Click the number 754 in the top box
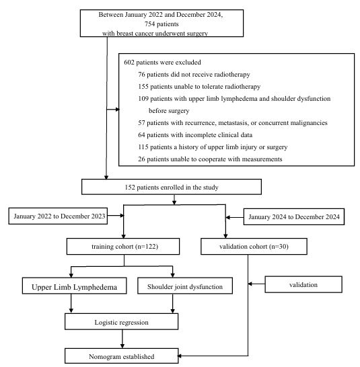tap(149, 24)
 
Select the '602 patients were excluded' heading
tap(162, 63)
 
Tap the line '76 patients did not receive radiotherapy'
tap(194, 75)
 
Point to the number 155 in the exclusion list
tap(143, 86)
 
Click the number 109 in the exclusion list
tap(143, 99)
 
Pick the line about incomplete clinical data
tap(195, 135)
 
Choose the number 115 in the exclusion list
tap(143, 147)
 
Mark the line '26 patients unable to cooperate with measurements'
tap(210, 159)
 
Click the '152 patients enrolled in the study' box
tap(172, 187)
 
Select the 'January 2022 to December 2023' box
tap(58, 216)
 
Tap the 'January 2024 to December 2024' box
tap(294, 216)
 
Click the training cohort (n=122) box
tap(123, 247)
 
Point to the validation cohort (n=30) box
tap(254, 247)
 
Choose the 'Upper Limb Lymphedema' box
tap(74, 286)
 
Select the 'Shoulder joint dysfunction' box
tap(185, 286)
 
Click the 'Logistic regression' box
tap(121, 321)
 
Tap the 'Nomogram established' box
tap(121, 356)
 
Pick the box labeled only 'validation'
tap(303, 284)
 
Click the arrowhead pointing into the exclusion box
tap(118, 110)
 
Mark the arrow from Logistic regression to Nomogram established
tap(122, 339)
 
